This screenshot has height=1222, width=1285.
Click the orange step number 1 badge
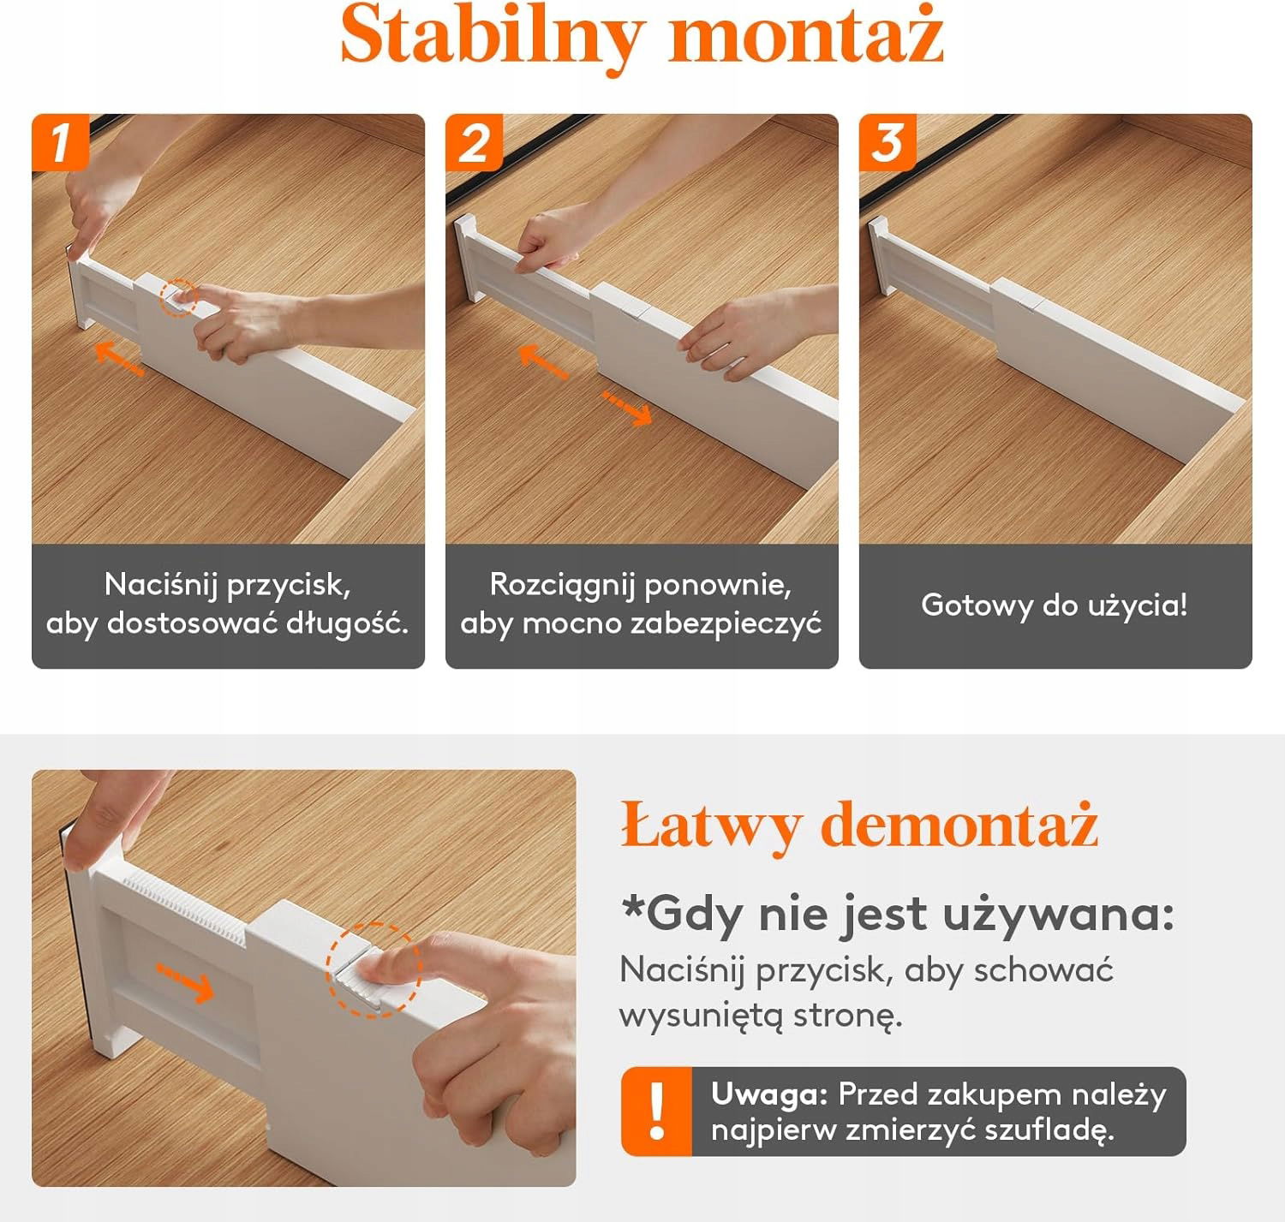60,142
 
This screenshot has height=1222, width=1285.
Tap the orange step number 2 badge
474,142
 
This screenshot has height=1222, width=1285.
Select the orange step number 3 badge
888,142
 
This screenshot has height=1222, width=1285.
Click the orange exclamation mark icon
657,1112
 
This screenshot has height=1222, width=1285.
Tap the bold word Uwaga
769,1094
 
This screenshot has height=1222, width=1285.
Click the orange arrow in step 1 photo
119,359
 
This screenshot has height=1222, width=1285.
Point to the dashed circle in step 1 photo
179,298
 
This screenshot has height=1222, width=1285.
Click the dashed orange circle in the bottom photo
374,969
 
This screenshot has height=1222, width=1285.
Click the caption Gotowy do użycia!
1055,605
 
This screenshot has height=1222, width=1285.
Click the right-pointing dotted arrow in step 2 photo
626,408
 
